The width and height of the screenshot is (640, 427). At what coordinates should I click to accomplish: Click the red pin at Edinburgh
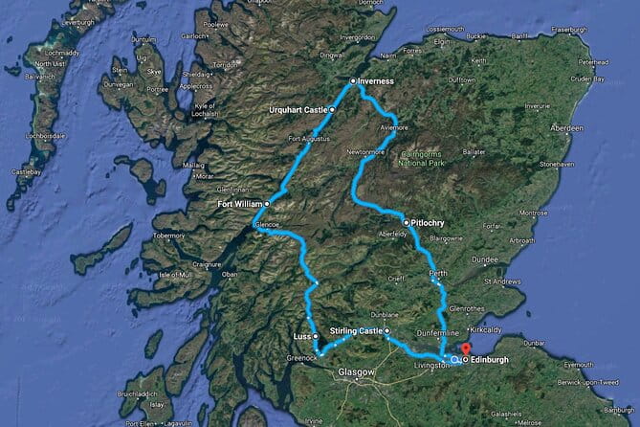(x=466, y=349)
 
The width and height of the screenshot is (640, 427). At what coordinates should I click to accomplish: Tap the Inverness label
(x=377, y=81)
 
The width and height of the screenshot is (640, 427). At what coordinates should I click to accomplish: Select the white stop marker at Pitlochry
(x=407, y=222)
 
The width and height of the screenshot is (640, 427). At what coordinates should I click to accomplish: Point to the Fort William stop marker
(x=268, y=203)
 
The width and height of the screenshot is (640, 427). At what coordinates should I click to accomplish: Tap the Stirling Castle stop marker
(x=387, y=331)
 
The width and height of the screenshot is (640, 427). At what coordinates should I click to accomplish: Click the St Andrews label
(x=503, y=282)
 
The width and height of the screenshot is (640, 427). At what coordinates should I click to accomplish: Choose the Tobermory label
(x=167, y=234)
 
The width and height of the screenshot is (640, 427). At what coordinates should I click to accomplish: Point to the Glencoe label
(x=265, y=226)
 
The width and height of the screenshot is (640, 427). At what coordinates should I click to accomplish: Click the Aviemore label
(x=392, y=127)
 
